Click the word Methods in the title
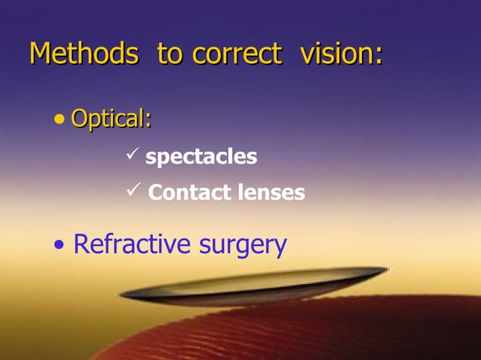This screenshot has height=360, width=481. click(83, 54)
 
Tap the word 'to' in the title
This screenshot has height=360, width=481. click(171, 54)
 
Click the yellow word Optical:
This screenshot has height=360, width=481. click(111, 119)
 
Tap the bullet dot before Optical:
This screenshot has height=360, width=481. click(60, 119)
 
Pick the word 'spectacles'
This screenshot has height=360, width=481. click(201, 157)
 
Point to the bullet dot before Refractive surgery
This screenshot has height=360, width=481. click(60, 246)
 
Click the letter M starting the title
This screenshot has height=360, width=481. click(41, 54)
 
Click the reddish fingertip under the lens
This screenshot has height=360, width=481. click(302, 331)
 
